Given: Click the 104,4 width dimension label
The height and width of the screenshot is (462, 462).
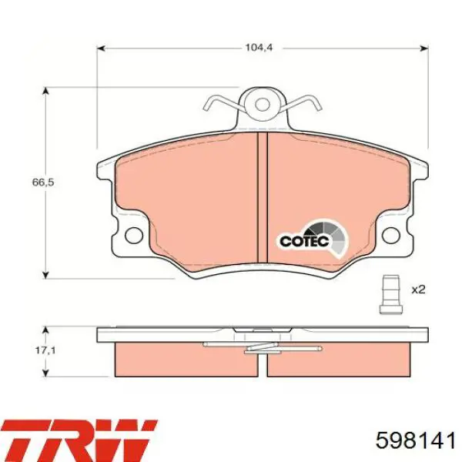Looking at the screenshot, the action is tap(259, 48).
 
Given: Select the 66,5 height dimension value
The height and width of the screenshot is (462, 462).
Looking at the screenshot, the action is tap(43, 182).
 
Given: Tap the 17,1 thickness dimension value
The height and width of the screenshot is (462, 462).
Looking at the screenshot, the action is tap(45, 350).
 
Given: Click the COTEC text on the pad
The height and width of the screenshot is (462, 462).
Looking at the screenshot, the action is tap(304, 241).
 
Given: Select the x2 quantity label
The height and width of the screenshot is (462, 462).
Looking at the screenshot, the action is tap(418, 290).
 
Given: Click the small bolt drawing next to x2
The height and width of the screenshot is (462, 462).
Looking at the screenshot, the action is tap(390, 294).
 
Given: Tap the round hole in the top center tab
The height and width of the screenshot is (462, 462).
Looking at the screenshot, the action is tap(263, 105).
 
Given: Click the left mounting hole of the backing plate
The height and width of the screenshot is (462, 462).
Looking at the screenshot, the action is tap(134, 236).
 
